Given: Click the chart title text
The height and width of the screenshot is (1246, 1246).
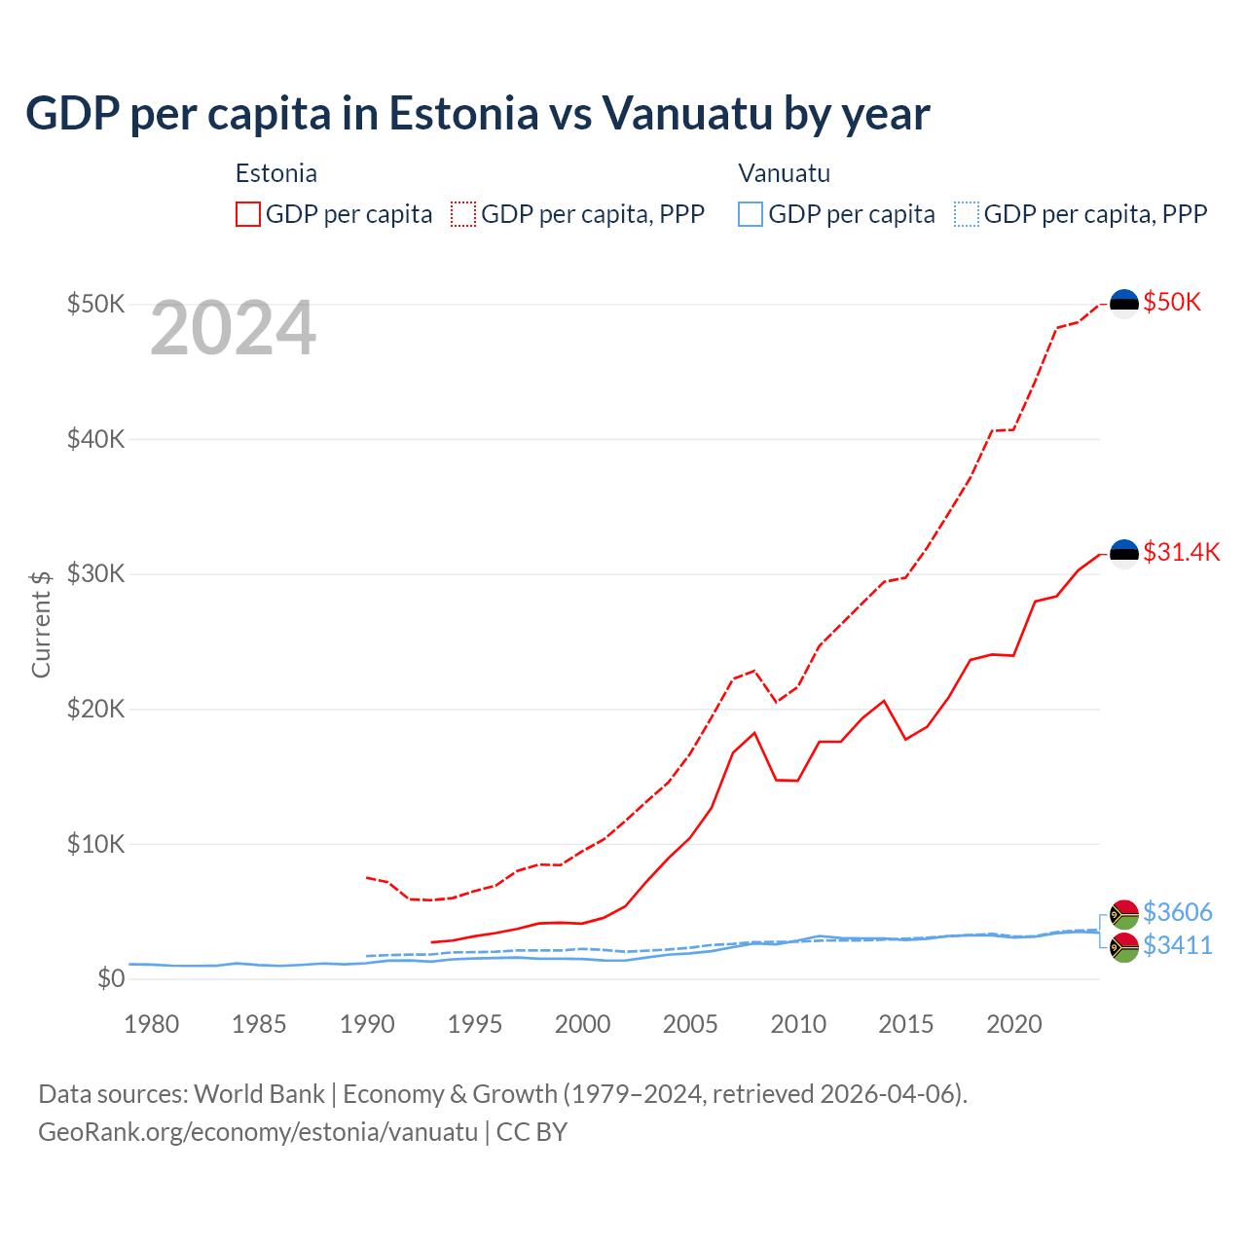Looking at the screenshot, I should tap(477, 114).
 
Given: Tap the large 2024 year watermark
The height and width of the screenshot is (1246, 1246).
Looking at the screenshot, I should tap(233, 329).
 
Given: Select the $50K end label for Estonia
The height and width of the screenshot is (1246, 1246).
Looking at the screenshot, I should tap(1172, 303).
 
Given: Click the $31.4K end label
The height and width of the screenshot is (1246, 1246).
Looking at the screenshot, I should tap(1181, 553).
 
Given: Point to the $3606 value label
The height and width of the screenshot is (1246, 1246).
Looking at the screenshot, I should tap(1177, 912).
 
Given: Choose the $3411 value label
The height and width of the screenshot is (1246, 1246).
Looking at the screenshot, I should tap(1177, 945).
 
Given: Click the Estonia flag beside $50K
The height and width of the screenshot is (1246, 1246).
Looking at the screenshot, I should tap(1124, 304).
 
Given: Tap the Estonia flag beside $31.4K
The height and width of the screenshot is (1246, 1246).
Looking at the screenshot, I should tap(1124, 554).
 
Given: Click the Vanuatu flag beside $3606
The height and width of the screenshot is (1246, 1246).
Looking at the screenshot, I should tap(1124, 914).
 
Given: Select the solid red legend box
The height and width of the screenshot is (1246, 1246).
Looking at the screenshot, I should tap(248, 214).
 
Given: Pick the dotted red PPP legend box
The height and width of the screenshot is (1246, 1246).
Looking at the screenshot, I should tap(463, 214).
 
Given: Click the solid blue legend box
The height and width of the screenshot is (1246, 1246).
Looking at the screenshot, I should tap(751, 214).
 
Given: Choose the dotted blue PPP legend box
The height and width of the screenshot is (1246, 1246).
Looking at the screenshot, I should tap(967, 214).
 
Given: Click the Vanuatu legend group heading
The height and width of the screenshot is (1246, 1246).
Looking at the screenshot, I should tap(784, 173).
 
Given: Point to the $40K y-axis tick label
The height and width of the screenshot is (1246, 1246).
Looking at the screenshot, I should tap(95, 439).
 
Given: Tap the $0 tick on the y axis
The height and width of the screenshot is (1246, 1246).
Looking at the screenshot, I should tap(111, 978).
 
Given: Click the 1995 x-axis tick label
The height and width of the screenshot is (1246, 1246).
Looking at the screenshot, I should tap(474, 1024).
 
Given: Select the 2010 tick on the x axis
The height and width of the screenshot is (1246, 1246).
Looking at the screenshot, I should tap(798, 1024).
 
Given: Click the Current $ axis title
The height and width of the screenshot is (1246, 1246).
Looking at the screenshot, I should tap(41, 624).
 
